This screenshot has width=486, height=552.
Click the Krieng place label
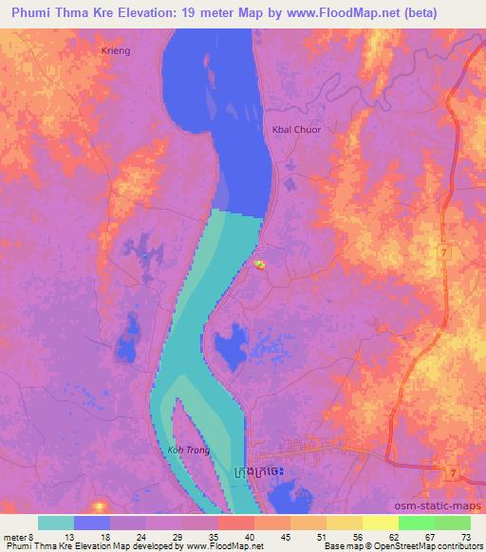click(115, 48)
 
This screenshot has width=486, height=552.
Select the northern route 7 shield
click(442, 250)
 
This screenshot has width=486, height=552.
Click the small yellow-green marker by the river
click(259, 265)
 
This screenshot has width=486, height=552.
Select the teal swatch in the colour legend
click(56, 523)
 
